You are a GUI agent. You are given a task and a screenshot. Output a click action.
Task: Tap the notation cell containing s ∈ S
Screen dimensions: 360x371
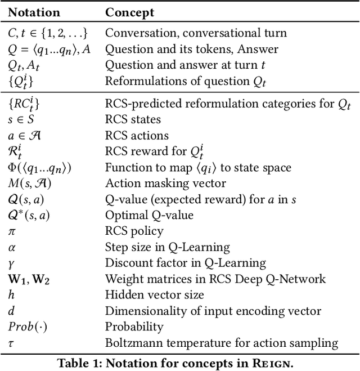pos(21,119)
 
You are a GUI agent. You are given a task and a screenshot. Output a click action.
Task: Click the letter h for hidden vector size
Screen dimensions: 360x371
pos(12,294)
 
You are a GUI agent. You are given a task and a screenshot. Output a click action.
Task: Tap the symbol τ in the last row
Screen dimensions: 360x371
pos(12,343)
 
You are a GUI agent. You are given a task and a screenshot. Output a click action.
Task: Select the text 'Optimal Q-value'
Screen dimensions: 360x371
pos(149,215)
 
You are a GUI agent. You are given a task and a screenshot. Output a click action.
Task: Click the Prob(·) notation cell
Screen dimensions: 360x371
pos(26,327)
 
